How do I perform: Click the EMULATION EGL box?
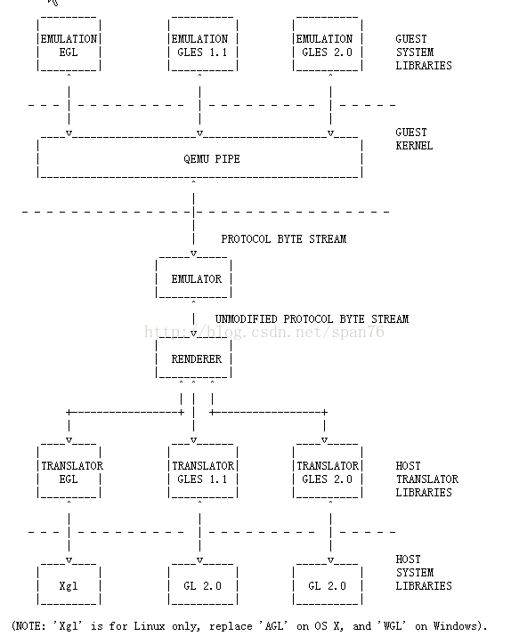(69, 45)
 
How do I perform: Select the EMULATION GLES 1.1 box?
(203, 45)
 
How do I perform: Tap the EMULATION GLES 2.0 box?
(328, 45)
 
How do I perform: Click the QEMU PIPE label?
(212, 159)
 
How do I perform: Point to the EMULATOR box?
(194, 278)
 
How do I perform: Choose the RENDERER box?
(194, 358)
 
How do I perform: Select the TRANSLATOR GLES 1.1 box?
(203, 472)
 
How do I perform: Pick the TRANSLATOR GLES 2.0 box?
(328, 472)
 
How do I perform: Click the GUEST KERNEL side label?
(414, 140)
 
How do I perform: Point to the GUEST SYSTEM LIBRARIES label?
(424, 52)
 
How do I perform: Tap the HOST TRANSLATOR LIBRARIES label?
(426, 479)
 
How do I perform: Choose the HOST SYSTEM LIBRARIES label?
(424, 573)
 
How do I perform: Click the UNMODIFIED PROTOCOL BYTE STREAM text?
(312, 319)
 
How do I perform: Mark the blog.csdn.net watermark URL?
(264, 332)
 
